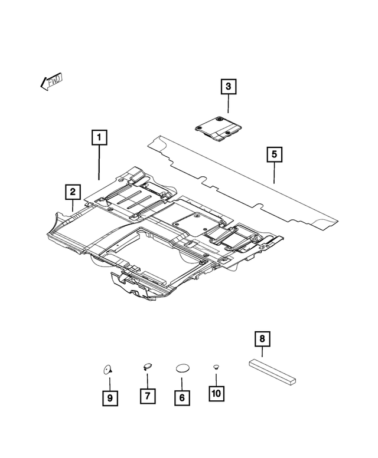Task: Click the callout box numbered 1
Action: coord(99,137)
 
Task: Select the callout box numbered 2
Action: coord(73,192)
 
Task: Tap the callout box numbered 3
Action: coord(229,87)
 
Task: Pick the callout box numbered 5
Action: coord(275,154)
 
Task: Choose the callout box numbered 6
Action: coord(182,398)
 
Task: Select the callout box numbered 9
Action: coord(109,398)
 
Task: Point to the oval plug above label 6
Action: coord(182,368)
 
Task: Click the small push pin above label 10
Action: coord(217,367)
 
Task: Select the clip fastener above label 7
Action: coord(146,366)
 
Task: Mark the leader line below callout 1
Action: coord(99,162)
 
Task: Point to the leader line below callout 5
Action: coord(275,174)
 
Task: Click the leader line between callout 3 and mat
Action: coord(229,105)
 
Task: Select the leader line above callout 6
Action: coord(182,381)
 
